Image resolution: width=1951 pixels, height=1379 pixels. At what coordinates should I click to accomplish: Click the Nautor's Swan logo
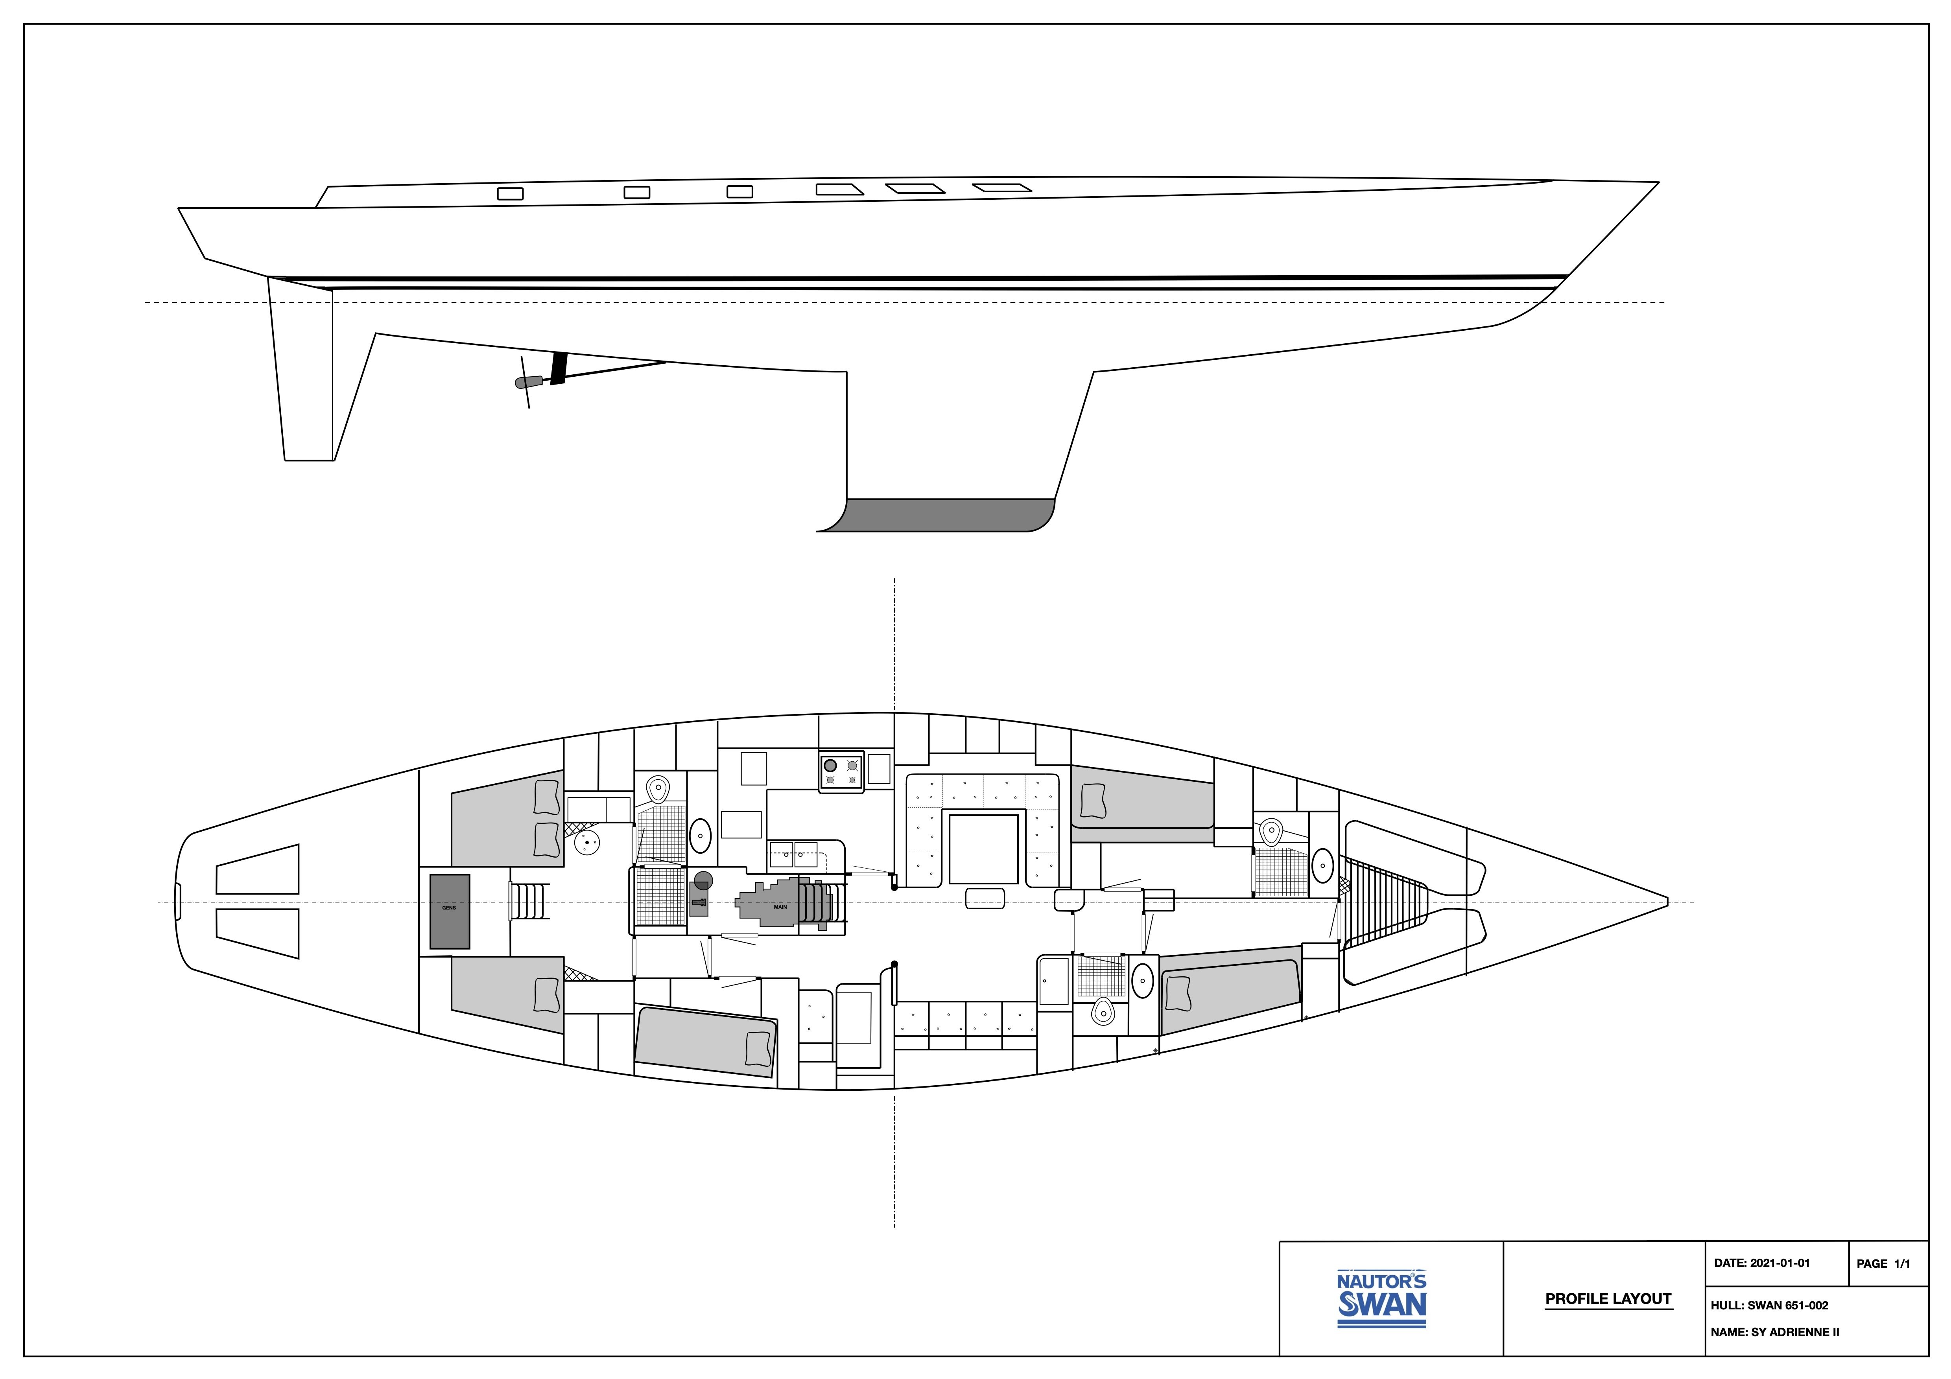pos(1382,1298)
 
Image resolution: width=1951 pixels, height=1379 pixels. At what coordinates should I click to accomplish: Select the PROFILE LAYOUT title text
pos(1608,1298)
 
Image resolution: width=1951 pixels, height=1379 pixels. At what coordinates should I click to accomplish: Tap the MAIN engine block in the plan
pos(778,905)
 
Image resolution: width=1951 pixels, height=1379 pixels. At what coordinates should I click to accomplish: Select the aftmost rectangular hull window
pos(510,194)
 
